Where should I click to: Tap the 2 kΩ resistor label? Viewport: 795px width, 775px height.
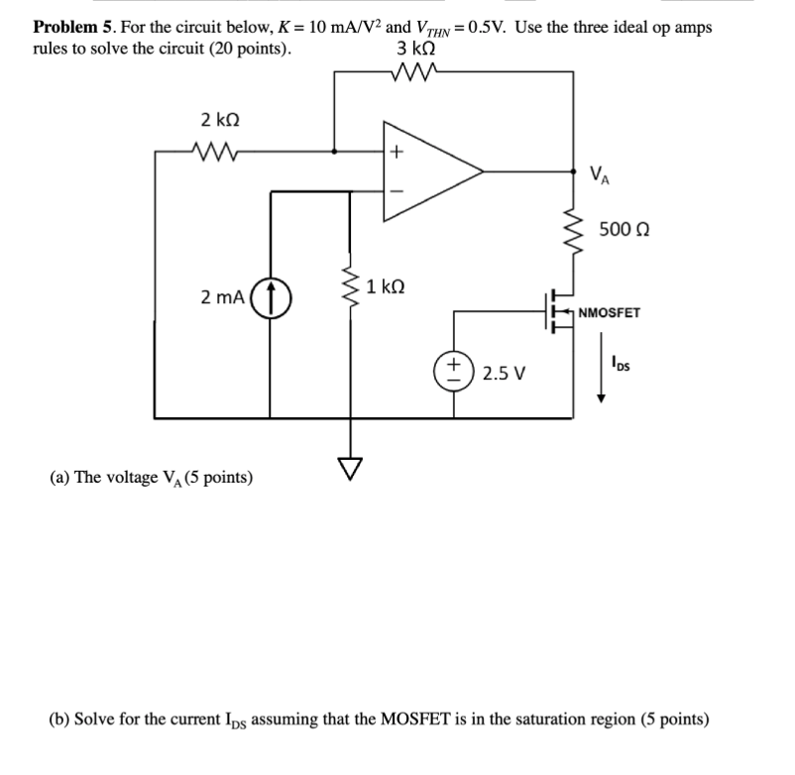point(218,120)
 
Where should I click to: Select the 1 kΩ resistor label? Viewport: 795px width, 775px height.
point(383,287)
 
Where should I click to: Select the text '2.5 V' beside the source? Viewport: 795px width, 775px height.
point(504,376)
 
